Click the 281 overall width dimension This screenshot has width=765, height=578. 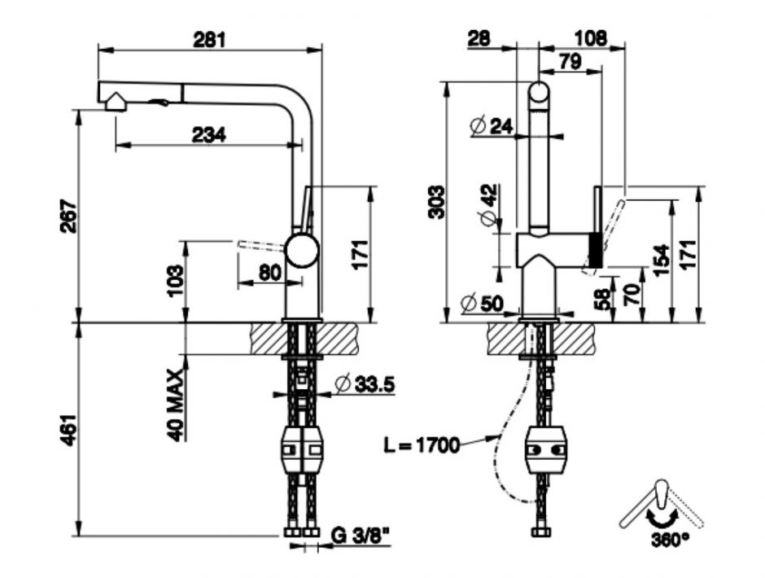coord(209,39)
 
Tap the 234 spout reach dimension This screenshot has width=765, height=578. coord(209,135)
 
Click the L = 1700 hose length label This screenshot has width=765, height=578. coord(422,444)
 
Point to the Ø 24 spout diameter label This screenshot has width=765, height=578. coord(492,125)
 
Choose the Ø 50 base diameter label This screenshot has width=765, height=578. coord(482,304)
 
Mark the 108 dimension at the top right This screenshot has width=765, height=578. coord(591,38)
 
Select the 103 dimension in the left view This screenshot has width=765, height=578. coord(174,281)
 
